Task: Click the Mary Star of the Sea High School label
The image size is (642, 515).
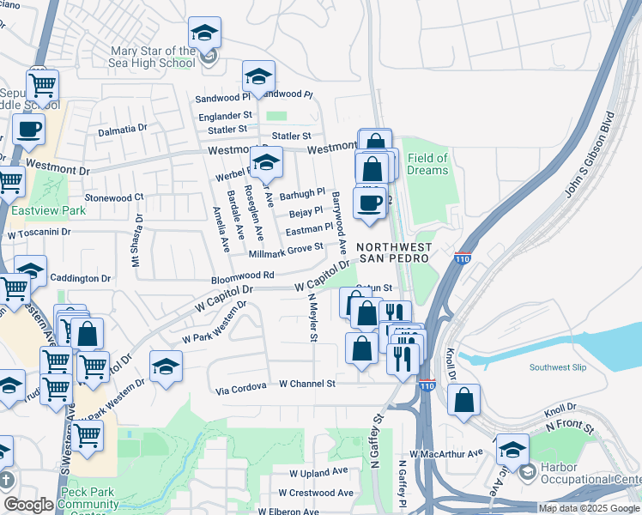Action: pos(153,57)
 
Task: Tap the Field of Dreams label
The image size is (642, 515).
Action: pos(427,164)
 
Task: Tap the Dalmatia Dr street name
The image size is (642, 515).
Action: pos(122,129)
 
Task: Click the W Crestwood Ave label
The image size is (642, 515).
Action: pos(316,494)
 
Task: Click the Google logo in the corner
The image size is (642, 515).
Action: pos(28,505)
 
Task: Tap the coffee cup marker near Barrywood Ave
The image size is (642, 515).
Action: pos(370,203)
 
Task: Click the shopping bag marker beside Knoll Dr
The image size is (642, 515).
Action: pos(463,399)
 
